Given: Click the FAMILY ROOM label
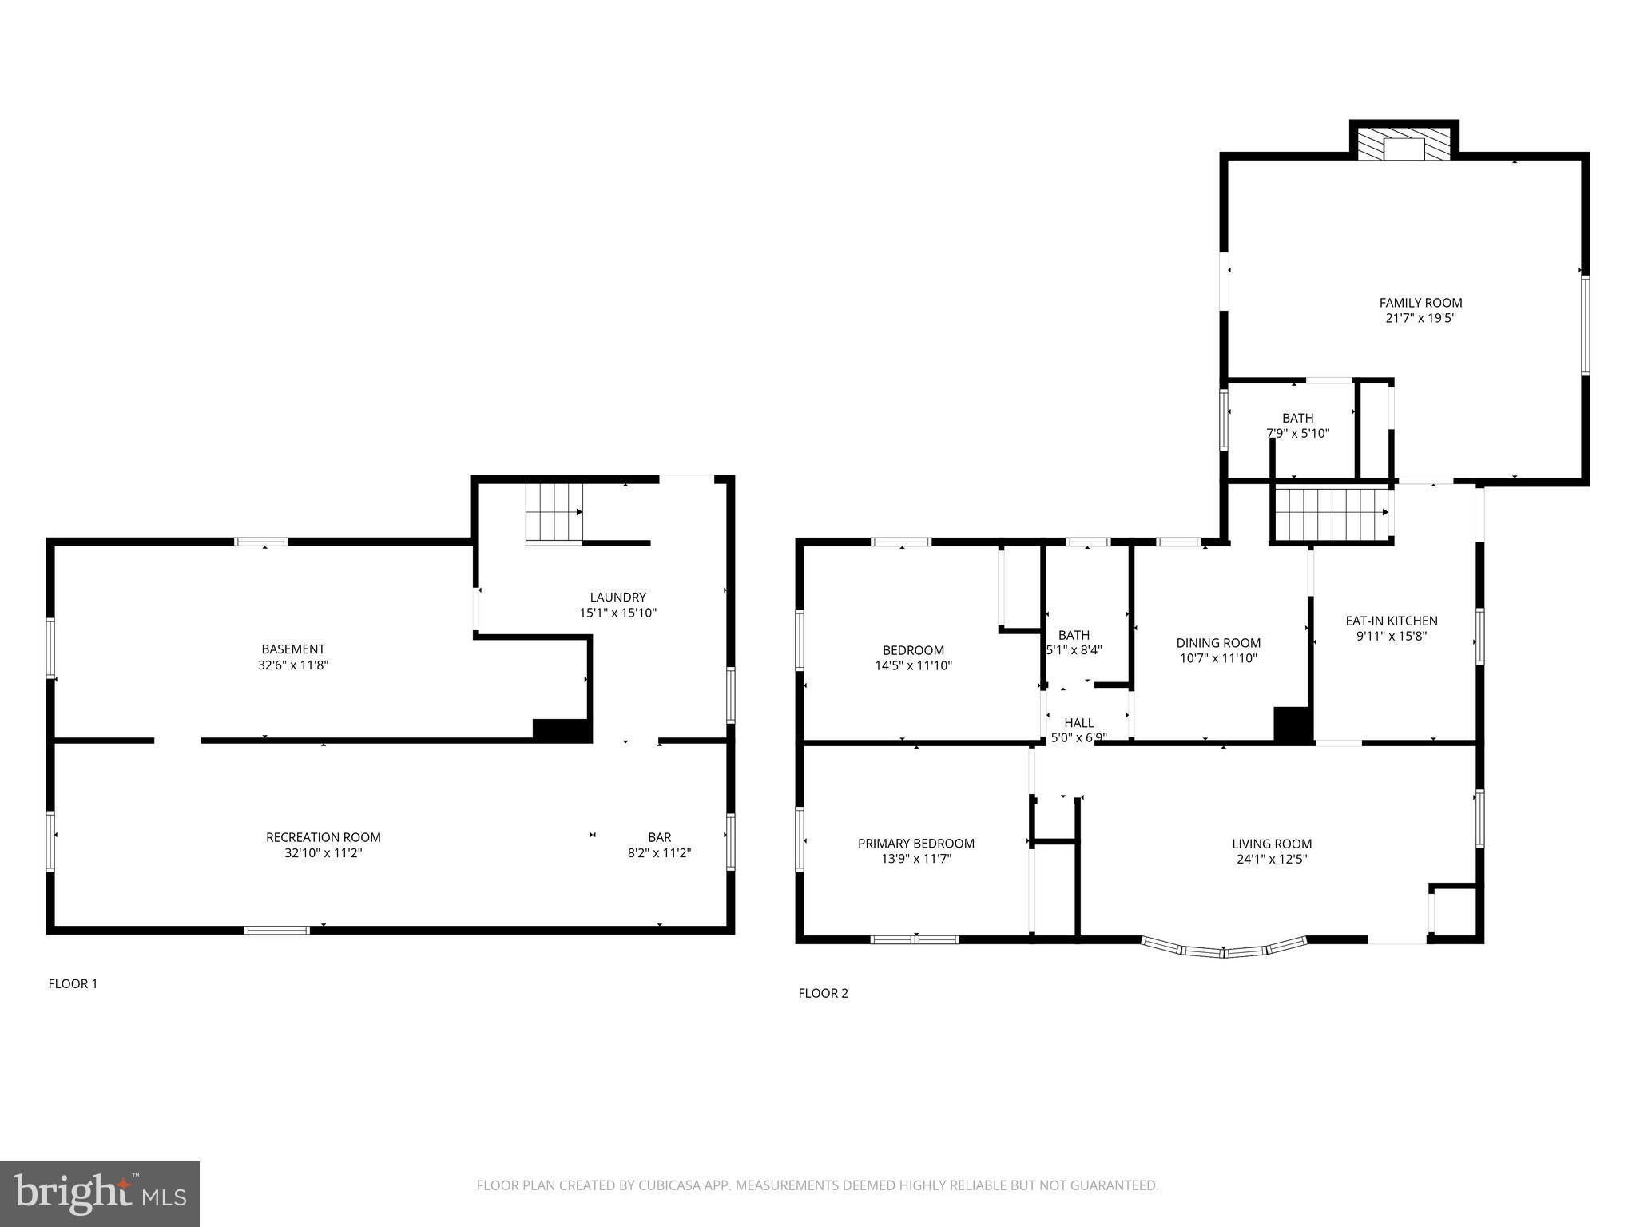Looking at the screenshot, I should click(x=1420, y=303).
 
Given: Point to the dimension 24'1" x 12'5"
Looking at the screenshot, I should click(x=1272, y=860).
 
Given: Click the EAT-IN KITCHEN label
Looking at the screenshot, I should click(x=1391, y=621).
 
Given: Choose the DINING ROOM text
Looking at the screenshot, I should click(x=1218, y=643).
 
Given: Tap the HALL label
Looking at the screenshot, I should click(x=1078, y=723).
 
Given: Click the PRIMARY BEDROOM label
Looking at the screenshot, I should click(x=915, y=844).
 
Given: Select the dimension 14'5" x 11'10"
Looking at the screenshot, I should click(x=913, y=665).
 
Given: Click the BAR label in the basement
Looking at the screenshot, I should click(x=659, y=837).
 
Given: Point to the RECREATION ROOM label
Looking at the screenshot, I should click(x=323, y=837).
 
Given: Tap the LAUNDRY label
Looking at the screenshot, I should click(x=617, y=597).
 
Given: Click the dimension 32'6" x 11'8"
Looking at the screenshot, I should click(x=292, y=665).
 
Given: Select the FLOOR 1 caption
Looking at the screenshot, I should click(x=73, y=983).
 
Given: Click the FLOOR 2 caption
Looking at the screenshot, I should click(x=823, y=993).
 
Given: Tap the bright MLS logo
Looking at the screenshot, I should click(x=100, y=1193).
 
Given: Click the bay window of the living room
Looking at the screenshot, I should click(x=1223, y=951).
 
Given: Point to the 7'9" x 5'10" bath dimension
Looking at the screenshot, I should click(x=1297, y=434).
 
